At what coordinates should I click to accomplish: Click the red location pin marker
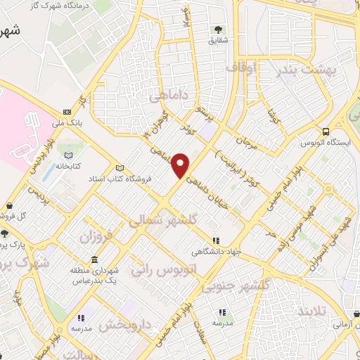[x=181, y=165]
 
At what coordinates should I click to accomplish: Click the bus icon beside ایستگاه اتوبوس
[x=326, y=131]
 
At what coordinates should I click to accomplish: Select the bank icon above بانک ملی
[x=67, y=112]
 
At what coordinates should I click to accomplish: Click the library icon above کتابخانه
[x=68, y=155]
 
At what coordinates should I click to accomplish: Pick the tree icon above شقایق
[x=217, y=30]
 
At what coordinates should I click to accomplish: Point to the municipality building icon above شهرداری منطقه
[x=94, y=259]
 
